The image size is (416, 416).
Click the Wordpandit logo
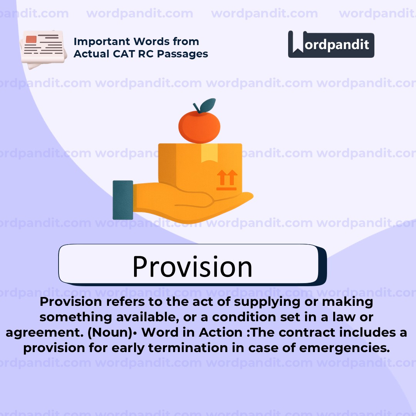click(x=331, y=44)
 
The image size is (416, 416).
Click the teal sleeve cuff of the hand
click(x=123, y=200)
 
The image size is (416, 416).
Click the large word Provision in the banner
click(x=192, y=266)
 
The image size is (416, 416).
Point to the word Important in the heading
click(x=98, y=42)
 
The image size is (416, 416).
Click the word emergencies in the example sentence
click(x=344, y=348)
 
